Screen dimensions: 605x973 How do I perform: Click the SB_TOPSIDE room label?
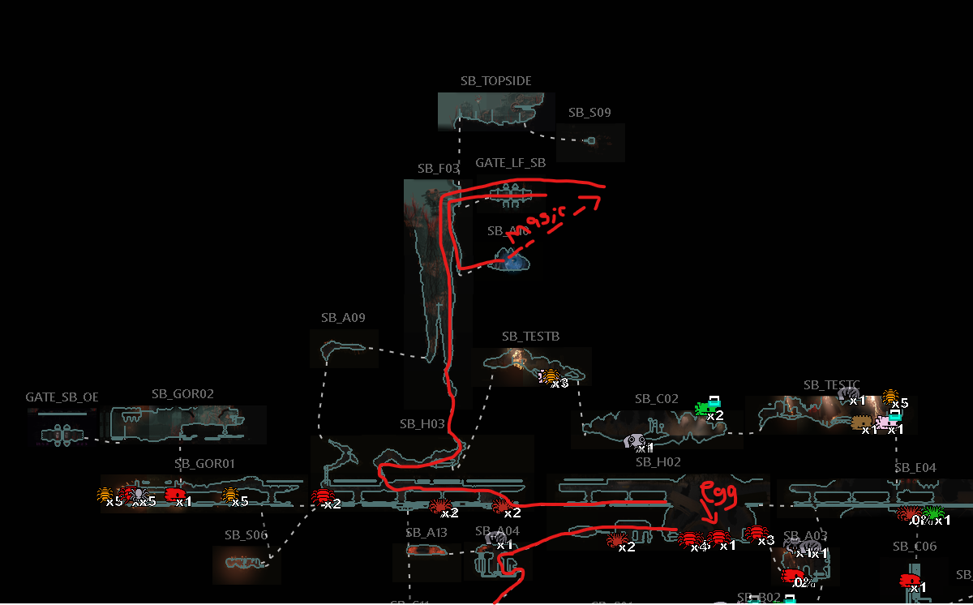tap(496, 81)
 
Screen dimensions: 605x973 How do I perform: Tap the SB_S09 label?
tap(589, 113)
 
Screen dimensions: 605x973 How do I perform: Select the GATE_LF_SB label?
tap(510, 163)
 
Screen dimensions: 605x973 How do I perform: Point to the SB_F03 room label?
tap(439, 169)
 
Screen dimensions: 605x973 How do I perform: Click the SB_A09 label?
tap(343, 318)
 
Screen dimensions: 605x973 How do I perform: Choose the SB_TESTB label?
tap(530, 337)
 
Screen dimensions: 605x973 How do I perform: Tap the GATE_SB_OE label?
tap(62, 397)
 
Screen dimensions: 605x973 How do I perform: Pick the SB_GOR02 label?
tap(182, 394)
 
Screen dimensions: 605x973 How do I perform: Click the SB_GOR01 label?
tap(204, 464)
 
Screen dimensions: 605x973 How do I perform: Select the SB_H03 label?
tap(422, 424)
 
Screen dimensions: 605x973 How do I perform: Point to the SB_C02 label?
tap(657, 399)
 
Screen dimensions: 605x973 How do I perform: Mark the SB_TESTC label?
tap(831, 384)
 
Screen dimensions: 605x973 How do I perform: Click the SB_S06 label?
tap(246, 535)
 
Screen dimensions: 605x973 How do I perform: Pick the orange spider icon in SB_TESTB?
tap(551, 377)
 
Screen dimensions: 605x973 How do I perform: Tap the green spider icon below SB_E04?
tap(933, 513)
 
